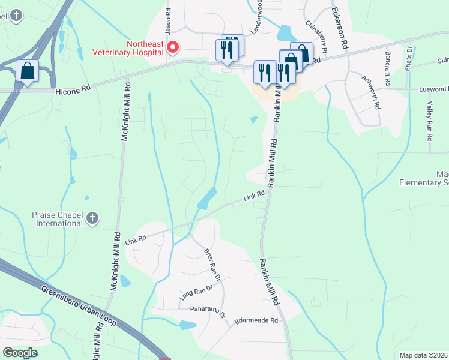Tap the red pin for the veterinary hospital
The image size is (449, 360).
(173, 47)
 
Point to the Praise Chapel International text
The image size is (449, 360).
(57, 219)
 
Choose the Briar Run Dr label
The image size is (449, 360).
(212, 265)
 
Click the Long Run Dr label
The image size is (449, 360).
(196, 292)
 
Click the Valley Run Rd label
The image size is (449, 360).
(430, 121)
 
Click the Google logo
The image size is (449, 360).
(20, 353)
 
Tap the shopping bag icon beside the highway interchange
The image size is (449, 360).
(28, 71)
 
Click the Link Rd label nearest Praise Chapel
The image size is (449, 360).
(136, 239)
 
